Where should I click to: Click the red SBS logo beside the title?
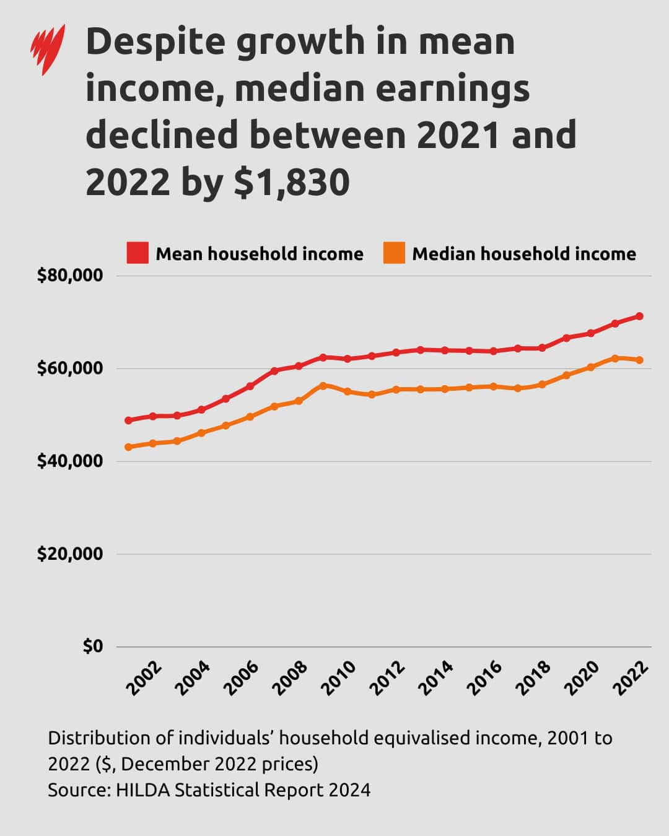(48, 49)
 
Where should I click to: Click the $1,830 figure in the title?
(292, 182)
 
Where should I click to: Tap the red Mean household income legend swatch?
(138, 253)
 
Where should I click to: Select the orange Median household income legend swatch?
(394, 253)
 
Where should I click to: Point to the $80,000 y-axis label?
(69, 276)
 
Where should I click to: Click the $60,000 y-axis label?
(69, 368)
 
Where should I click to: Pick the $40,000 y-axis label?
(69, 461)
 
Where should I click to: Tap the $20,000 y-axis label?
(69, 554)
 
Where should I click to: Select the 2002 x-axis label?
(144, 678)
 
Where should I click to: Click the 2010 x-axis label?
(338, 678)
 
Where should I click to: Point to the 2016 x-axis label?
(484, 678)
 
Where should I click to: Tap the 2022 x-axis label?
(630, 678)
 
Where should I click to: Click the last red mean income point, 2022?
(639, 316)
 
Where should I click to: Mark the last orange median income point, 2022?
(639, 360)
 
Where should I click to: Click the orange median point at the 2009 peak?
(323, 385)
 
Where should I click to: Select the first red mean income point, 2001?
(128, 420)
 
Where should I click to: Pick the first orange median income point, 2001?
(128, 447)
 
